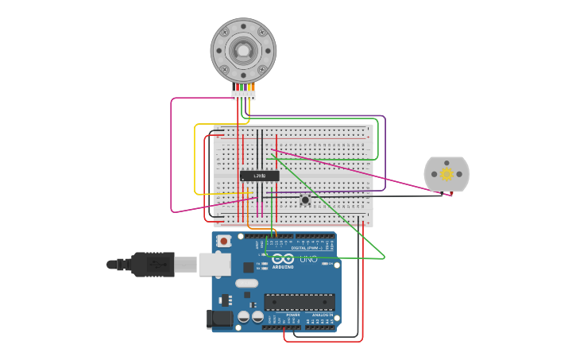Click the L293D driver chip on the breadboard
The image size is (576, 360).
(260, 176)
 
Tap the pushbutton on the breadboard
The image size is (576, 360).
(305, 199)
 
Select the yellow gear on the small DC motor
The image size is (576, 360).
(446, 174)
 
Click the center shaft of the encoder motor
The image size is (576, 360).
(243, 51)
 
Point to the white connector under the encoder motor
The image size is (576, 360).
(243, 95)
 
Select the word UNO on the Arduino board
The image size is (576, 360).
(308, 259)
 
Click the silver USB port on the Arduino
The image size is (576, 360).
(214, 265)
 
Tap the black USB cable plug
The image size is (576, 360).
(151, 264)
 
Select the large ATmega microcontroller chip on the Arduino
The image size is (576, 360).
(299, 302)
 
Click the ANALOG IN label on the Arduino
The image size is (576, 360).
(322, 315)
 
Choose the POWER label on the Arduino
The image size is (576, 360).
(293, 315)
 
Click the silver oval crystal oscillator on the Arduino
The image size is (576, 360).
(247, 283)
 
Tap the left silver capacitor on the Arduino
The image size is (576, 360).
(244, 317)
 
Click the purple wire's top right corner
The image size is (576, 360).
(385, 117)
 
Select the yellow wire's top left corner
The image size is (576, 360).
(195, 125)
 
